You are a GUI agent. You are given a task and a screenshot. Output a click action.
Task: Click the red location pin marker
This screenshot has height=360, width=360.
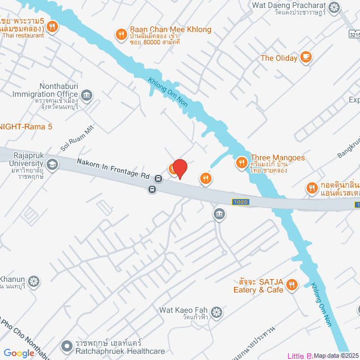[x=179, y=168]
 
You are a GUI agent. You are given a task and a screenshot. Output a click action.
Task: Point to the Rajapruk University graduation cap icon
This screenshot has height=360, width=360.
[x=52, y=164]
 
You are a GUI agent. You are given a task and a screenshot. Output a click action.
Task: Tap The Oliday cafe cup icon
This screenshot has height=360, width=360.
[x=306, y=57]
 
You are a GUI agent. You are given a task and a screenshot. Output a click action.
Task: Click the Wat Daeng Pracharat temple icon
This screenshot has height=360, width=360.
[x=335, y=7]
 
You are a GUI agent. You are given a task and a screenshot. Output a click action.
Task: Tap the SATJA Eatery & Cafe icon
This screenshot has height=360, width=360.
[x=291, y=286]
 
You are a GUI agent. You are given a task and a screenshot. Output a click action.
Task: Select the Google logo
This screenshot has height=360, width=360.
[x=19, y=353]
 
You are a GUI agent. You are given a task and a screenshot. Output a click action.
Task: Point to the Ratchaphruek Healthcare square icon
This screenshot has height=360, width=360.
[x=67, y=344]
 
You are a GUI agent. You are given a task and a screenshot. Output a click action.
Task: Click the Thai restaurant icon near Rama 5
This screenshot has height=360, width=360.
[x=52, y=25]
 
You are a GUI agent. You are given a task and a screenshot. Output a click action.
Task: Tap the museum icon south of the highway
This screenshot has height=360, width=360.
[x=219, y=214]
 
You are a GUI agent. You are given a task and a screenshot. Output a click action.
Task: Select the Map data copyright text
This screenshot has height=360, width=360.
[x=336, y=355]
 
